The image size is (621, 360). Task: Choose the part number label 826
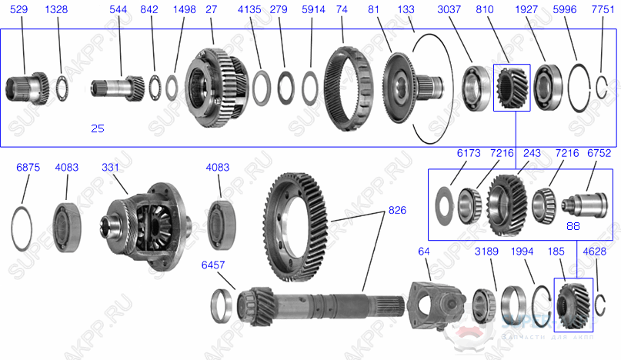tap(397, 209)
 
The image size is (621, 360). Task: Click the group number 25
tap(97, 128)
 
